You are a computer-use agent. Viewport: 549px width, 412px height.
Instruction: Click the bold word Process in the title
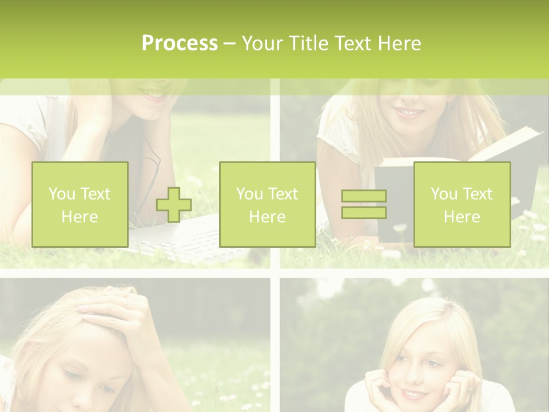point(180,43)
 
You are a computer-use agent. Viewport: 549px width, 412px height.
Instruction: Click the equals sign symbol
point(364,204)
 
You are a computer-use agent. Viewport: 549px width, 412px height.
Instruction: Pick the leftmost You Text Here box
point(80,204)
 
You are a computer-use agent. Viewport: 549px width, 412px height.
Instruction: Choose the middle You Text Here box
point(267,204)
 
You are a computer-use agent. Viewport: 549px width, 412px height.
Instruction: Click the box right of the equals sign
point(462,204)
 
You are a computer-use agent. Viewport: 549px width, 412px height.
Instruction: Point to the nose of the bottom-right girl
point(413,375)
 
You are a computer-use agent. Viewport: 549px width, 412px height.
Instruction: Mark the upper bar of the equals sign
point(364,196)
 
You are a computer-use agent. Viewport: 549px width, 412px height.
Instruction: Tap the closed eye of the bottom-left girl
point(74,372)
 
